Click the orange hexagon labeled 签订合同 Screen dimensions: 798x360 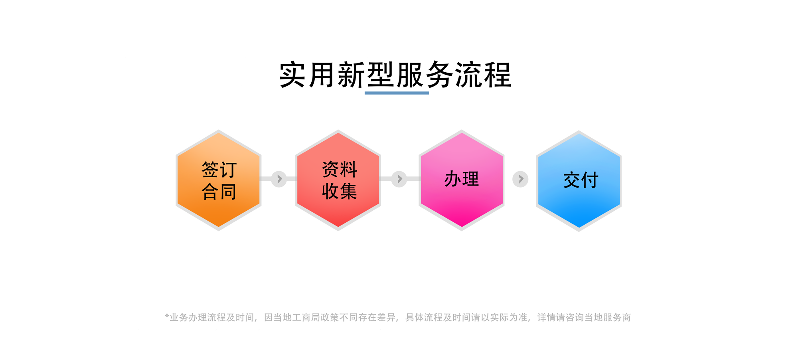point(219,180)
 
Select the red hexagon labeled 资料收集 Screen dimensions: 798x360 point(338,180)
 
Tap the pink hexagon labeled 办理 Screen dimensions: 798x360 point(462,180)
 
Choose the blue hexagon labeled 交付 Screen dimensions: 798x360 point(579,181)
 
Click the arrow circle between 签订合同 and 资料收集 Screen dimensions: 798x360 point(279,179)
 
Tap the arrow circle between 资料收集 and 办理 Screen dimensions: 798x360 point(399,179)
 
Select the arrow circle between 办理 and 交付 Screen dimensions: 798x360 point(520,179)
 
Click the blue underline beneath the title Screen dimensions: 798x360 point(397,93)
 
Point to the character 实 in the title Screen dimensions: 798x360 point(293,75)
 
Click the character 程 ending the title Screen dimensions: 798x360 point(498,75)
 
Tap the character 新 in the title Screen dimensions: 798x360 point(351,75)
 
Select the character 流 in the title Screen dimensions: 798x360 point(468,75)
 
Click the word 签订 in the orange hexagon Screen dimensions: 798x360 point(219,170)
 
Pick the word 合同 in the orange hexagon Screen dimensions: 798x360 point(219,192)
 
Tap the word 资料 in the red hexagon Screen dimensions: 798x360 point(340,169)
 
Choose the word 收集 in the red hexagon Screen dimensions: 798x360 point(340,191)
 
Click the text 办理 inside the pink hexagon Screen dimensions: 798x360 point(462,179)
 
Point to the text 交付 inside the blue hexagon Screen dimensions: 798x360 point(581,180)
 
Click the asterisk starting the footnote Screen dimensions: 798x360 point(167,316)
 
